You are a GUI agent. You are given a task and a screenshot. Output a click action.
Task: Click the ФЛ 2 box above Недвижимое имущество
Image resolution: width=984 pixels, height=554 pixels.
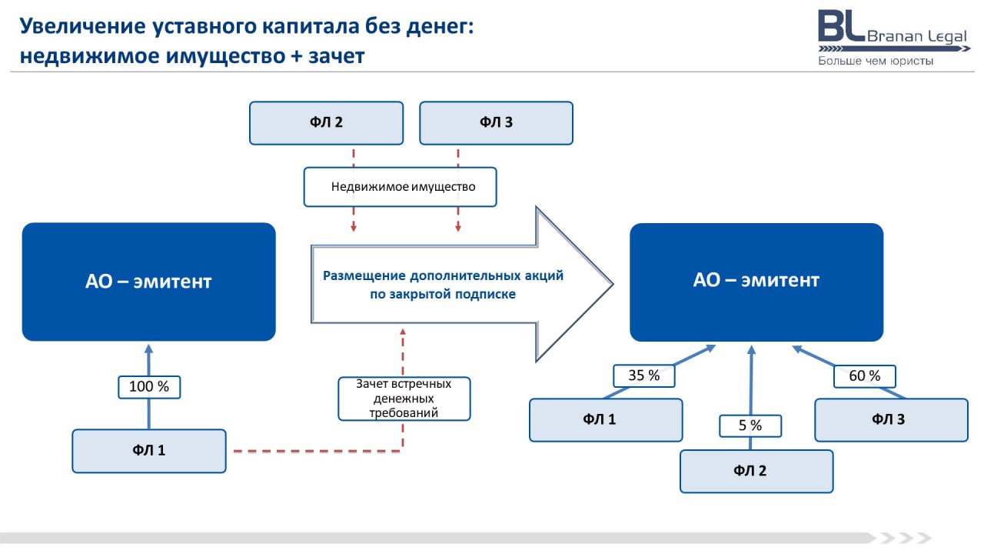327,123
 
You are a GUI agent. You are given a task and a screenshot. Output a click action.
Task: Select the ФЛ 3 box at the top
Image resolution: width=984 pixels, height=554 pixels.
496,123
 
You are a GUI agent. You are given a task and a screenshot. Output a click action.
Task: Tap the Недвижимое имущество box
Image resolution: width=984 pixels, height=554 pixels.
401,187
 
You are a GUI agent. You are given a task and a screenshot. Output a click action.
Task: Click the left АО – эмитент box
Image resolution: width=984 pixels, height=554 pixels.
149,282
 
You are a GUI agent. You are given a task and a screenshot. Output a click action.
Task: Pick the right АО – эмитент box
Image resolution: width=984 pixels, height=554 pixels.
756,282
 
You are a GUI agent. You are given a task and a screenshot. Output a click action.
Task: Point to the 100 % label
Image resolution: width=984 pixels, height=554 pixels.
149,387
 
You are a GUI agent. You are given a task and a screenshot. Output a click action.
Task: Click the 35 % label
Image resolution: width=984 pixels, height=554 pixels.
644,376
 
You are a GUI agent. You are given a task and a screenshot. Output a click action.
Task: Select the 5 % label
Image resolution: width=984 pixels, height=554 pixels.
750,426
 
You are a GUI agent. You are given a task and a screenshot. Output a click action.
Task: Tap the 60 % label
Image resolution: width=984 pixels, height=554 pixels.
865,376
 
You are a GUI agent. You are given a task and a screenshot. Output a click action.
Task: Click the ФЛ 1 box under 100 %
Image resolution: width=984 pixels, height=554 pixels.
149,451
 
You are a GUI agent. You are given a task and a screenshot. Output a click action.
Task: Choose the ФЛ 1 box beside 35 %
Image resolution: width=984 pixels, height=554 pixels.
606,420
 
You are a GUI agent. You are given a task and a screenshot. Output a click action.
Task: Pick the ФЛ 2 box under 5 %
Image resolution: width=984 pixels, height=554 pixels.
756,472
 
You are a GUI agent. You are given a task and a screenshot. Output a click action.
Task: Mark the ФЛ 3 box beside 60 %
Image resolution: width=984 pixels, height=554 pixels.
891,420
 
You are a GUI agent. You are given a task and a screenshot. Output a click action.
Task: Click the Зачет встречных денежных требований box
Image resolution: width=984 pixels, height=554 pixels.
404,399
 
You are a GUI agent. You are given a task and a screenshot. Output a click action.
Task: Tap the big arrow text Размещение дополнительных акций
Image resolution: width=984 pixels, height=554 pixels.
444,276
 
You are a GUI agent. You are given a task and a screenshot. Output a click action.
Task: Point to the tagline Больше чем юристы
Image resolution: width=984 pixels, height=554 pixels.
876,61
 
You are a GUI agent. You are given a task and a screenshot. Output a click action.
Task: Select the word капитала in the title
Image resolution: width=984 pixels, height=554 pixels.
313,27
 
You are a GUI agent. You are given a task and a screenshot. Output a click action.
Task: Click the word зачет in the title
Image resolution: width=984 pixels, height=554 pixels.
337,56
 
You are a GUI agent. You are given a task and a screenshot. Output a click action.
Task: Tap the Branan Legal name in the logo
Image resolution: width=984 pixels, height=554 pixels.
917,36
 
